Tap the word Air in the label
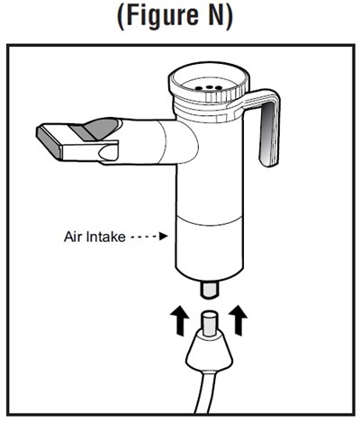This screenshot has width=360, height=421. [73, 237]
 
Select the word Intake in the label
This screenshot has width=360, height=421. [105, 237]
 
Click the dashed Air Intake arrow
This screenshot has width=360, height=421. [149, 237]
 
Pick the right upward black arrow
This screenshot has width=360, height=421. [238, 319]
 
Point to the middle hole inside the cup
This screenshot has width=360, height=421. [209, 87]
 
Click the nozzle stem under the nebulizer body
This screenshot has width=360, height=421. [209, 289]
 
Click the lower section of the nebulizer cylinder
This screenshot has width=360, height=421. [209, 246]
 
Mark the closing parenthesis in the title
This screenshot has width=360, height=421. [229, 16]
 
